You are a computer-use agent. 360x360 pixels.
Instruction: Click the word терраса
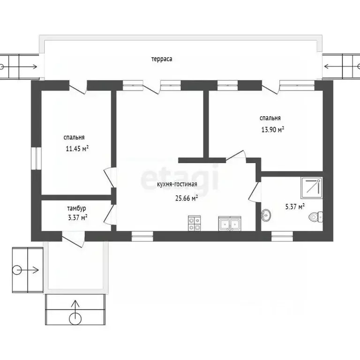coord(162,59)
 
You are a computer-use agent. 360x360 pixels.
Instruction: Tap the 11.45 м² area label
coord(77,149)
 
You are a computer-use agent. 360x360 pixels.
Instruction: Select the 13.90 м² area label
coord(273,130)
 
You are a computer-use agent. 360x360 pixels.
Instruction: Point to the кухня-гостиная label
coord(177,184)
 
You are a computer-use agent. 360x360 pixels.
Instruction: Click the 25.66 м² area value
coord(187,198)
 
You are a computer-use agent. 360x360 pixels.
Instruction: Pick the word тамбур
coord(77,209)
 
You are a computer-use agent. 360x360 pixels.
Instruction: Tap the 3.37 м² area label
coord(78,217)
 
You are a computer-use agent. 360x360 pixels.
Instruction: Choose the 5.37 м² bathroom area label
coord(295,207)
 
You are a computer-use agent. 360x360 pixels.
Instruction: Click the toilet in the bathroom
coord(315,217)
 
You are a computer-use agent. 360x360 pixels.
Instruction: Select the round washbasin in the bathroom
coord(266,215)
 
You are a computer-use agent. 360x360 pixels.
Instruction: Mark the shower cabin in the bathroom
coord(312,188)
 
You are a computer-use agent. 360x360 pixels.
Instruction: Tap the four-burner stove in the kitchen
coord(194,223)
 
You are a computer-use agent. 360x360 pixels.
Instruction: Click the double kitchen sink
coord(230,224)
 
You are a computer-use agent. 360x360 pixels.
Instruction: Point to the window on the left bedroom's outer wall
coord(36,158)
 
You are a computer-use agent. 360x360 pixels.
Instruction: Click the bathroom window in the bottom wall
coord(282,236)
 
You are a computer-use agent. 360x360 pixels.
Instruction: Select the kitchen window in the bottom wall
coord(142,236)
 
